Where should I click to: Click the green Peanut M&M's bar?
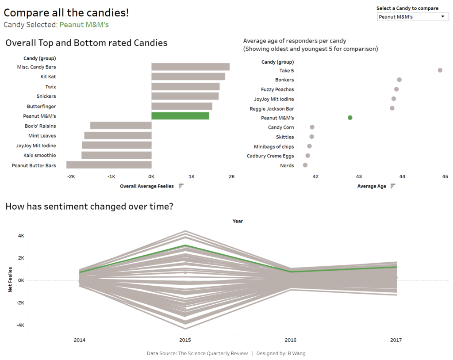pos(180,116)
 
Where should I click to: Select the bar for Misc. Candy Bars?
pos(190,67)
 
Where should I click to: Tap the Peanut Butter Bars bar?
pos(109,165)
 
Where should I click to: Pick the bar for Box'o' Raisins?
pos(121,126)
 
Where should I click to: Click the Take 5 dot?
pos(440,70)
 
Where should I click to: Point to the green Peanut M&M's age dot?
pos(350,118)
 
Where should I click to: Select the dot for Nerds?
pos(305,165)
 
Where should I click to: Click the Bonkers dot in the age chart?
pos(399,80)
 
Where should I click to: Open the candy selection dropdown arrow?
pos(442,17)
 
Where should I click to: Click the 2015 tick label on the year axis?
pos(185,340)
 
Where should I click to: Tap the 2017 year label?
pos(396,340)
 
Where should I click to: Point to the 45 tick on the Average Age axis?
pos(444,177)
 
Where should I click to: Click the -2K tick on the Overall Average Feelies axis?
pos(71,176)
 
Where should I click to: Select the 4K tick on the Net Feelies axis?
pos(21,236)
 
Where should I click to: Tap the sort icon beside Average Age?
pos(392,186)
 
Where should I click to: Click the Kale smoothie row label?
pos(40,155)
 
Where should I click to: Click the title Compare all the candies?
pos(66,12)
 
